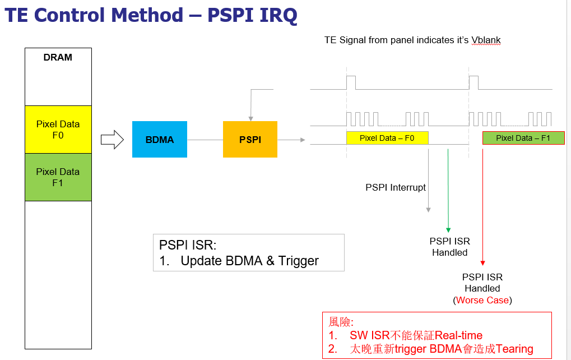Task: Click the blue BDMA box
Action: (160, 139)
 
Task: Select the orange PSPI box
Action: (250, 139)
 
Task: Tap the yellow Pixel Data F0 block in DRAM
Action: (58, 129)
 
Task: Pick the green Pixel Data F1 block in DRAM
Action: (58, 177)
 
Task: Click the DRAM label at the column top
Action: (58, 57)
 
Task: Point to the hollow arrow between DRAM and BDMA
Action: (112, 140)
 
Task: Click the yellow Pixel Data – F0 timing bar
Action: (387, 138)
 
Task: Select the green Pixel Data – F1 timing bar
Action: (523, 138)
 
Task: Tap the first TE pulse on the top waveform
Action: (351, 82)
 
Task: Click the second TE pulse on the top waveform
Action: (473, 82)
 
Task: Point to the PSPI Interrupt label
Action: (396, 187)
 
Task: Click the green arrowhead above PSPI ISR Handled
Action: (448, 229)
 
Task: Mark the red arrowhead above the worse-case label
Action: (482, 263)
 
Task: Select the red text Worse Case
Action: (482, 300)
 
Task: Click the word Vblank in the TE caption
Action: (486, 40)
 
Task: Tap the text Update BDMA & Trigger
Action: (249, 261)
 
